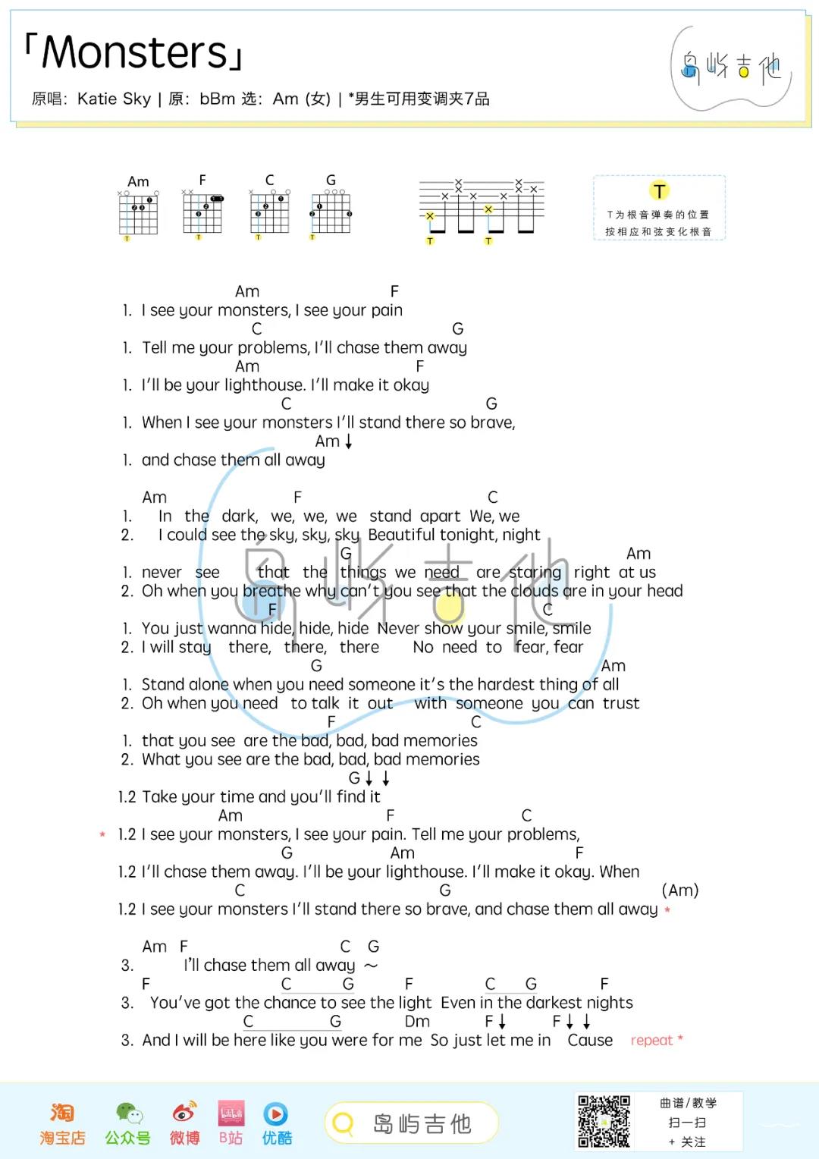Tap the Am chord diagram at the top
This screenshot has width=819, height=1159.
(138, 212)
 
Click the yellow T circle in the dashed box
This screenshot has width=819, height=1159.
(659, 191)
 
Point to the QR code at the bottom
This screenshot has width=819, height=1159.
(604, 1120)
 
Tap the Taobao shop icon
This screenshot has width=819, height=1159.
(62, 1113)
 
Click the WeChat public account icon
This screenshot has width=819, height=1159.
(128, 1113)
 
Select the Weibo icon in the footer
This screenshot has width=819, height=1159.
(184, 1112)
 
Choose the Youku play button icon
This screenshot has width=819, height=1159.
(275, 1113)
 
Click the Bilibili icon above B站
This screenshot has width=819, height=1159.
(231, 1113)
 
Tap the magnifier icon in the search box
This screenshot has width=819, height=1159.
(344, 1123)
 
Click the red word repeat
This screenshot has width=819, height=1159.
(651, 1040)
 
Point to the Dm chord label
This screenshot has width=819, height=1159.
(417, 1021)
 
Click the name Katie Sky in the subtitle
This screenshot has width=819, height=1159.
(114, 99)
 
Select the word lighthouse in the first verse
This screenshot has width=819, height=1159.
(259, 385)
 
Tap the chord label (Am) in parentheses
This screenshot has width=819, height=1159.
(680, 890)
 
